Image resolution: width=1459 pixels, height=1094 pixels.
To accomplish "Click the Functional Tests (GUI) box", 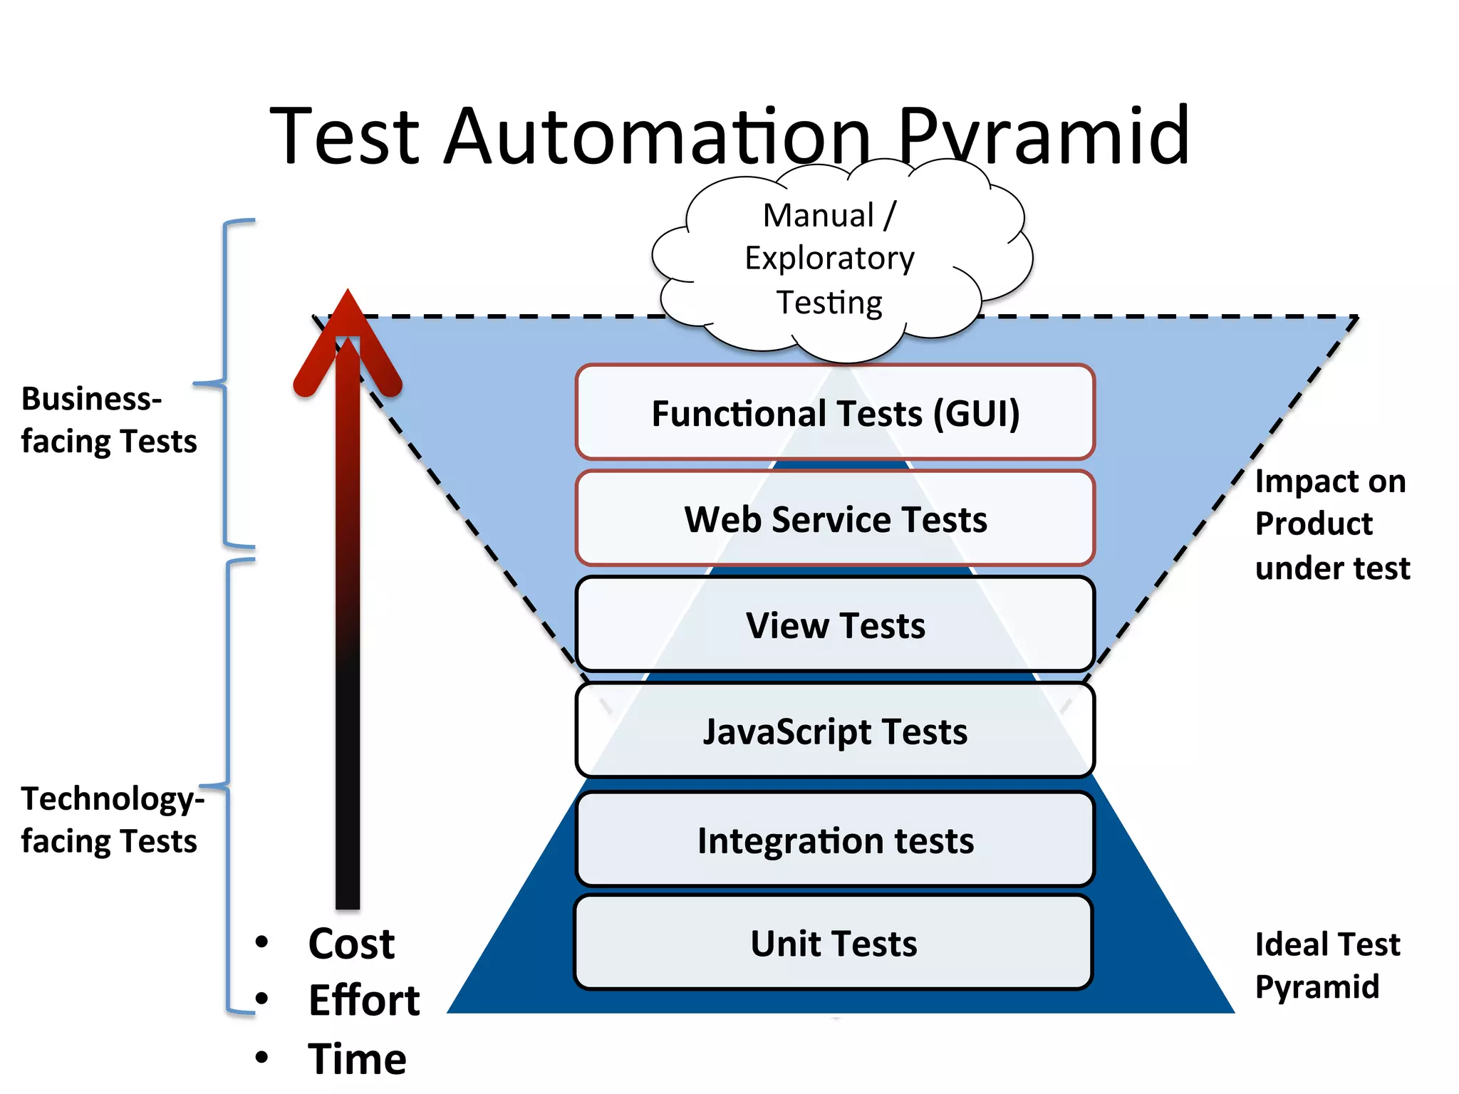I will pyautogui.click(x=835, y=412).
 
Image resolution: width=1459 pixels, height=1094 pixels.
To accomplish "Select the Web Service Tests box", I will pyautogui.click(x=835, y=519).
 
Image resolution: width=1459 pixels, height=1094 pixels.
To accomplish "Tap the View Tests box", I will pyautogui.click(x=835, y=625).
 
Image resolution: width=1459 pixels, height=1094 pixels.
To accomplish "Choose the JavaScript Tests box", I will pyautogui.click(x=835, y=731).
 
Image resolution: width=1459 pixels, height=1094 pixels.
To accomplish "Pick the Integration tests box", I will pyautogui.click(x=835, y=840).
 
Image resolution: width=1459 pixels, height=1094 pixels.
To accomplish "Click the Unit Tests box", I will pyautogui.click(x=834, y=943).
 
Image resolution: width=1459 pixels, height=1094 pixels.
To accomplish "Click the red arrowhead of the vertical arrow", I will pyautogui.click(x=348, y=335).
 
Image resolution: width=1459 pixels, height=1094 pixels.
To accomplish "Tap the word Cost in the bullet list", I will pyautogui.click(x=351, y=944).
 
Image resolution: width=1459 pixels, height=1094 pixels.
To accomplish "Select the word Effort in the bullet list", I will pyautogui.click(x=364, y=1000).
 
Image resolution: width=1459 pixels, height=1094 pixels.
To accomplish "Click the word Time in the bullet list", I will pyautogui.click(x=357, y=1058).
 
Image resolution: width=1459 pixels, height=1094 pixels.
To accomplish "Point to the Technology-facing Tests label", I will pyautogui.click(x=111, y=819).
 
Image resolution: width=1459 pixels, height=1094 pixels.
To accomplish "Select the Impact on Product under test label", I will pyautogui.click(x=1331, y=524).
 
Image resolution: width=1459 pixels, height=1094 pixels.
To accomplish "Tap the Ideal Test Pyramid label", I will pyautogui.click(x=1326, y=965).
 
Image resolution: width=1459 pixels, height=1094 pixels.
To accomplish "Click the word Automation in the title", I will pyautogui.click(x=655, y=135).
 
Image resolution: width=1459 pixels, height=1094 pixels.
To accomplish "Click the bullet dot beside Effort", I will pyautogui.click(x=261, y=999).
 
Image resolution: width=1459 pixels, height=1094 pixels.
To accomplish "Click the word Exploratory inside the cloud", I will pyautogui.click(x=829, y=258).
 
